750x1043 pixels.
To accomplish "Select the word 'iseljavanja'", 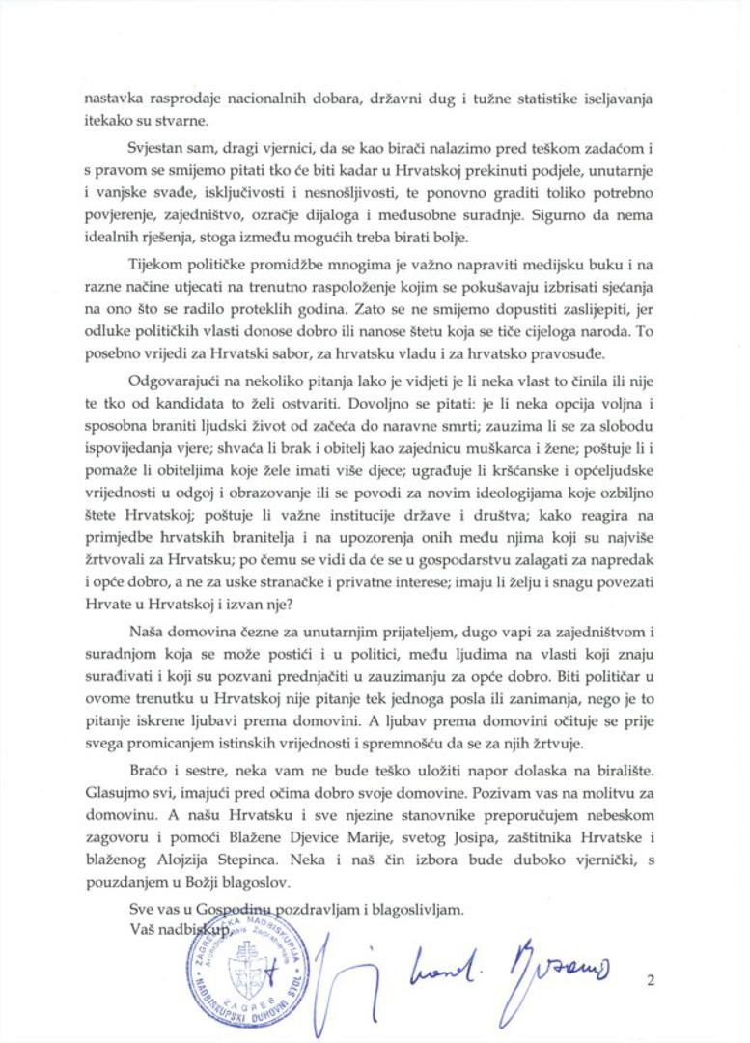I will tap(619, 98).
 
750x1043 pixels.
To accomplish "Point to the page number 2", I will tap(653, 982).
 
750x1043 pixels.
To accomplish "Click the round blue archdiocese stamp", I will tap(246, 971).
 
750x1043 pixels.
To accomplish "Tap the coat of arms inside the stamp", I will tap(246, 968).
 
